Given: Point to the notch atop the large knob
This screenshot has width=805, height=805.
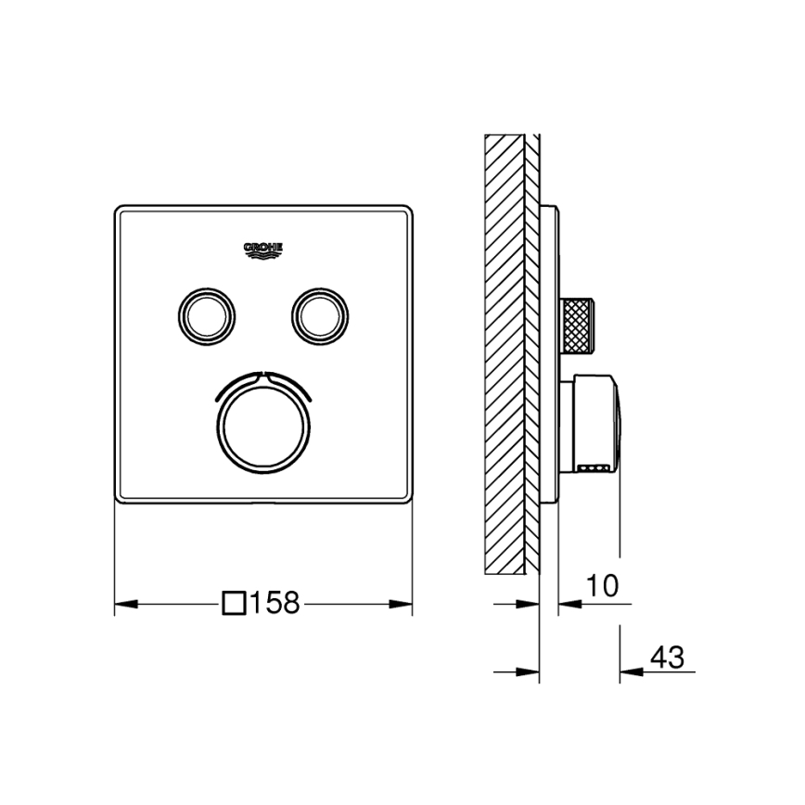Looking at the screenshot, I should click(x=262, y=375).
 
